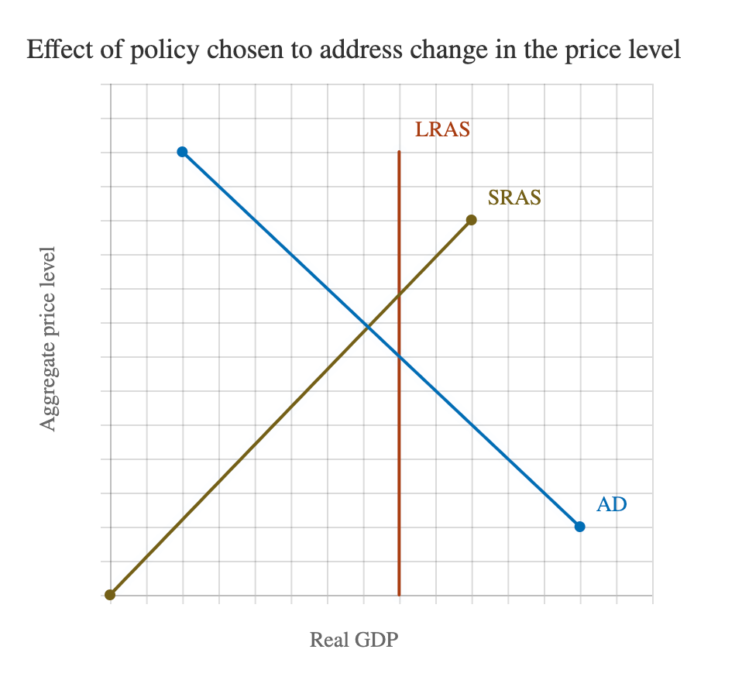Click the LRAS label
(442, 129)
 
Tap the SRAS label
(514, 198)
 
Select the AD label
(611, 504)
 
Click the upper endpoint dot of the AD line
(182, 152)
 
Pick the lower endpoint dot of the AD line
(579, 527)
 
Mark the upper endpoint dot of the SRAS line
(472, 220)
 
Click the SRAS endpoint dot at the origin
(110, 595)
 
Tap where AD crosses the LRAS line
(399, 356)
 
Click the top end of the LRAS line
(399, 152)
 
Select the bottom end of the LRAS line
(399, 594)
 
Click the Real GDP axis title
(354, 641)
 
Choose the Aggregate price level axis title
(50, 338)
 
